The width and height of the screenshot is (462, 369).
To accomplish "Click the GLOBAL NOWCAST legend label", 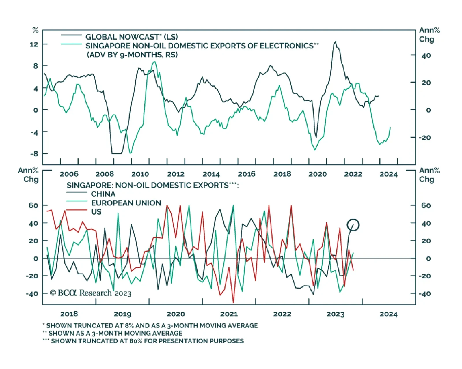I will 132,37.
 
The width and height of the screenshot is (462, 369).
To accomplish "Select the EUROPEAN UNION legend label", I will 126,203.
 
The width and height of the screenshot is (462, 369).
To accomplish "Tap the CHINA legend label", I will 103,194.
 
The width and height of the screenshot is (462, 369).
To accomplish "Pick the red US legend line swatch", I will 77,210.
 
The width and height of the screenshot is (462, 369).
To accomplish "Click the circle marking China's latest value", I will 353,225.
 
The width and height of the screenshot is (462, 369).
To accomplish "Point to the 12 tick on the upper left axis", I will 34,44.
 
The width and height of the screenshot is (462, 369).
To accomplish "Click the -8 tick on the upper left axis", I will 34,154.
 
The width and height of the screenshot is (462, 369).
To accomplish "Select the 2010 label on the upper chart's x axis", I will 140,174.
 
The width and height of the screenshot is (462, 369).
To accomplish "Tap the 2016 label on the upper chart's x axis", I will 247,174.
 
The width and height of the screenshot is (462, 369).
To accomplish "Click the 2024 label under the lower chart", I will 388,314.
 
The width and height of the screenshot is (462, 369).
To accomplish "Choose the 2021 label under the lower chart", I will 229,314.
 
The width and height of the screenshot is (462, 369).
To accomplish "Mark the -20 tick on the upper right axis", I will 425,138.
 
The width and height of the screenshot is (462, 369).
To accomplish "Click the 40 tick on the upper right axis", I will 426,55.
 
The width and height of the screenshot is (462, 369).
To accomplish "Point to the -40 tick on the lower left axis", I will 32,294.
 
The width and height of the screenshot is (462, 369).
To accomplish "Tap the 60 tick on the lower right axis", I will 426,205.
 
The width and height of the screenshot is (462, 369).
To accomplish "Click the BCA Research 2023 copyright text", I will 91,293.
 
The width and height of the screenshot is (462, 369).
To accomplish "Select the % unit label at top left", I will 35,30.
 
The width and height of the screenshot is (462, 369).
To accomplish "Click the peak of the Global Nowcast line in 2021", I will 335,42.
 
